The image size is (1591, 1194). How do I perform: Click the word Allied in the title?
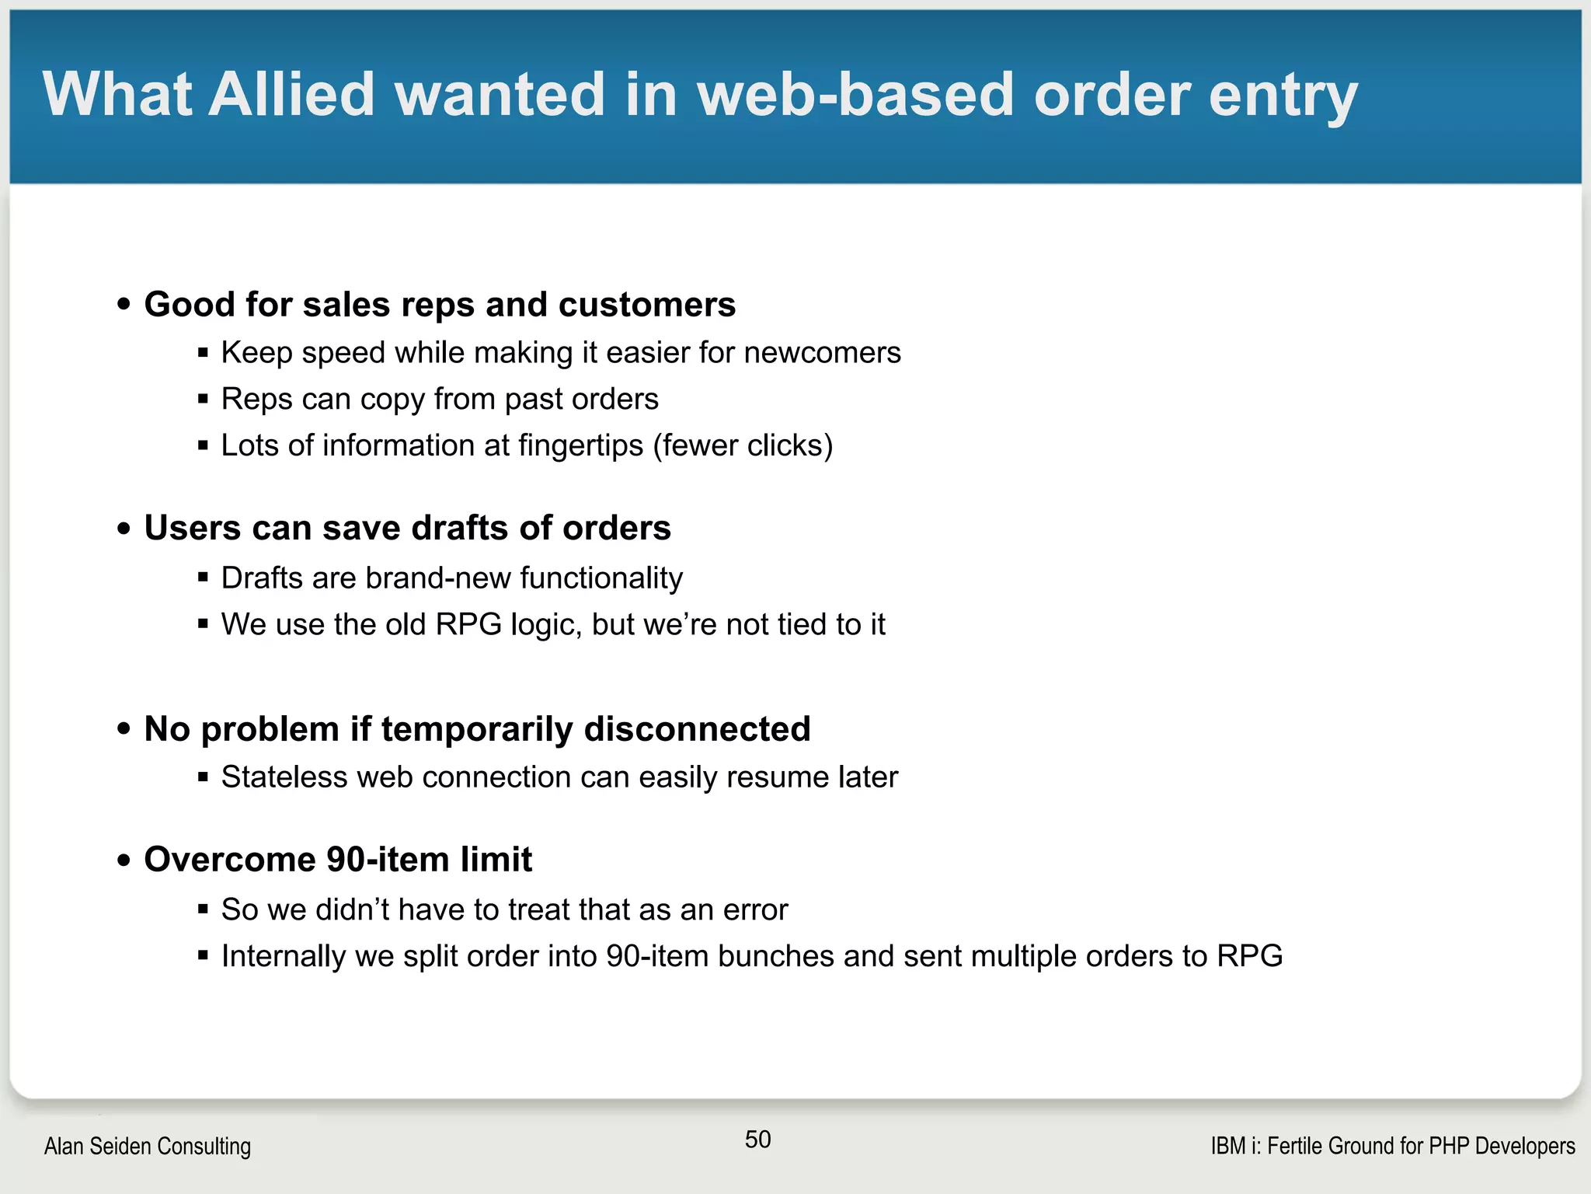coord(291,94)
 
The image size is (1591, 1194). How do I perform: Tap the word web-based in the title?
coord(855,94)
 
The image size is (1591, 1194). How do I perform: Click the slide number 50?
coord(757,1140)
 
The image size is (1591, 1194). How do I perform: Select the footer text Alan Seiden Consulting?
coord(148,1147)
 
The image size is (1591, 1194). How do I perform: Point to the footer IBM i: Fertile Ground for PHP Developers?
coord(1392,1147)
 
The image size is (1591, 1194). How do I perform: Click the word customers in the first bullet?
coord(646,305)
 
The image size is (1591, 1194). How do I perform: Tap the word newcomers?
coord(822,353)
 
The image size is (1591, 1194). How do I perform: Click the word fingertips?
coord(580,446)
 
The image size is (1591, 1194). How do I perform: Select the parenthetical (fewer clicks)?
coord(743,446)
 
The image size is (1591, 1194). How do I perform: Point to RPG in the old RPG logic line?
coord(468,625)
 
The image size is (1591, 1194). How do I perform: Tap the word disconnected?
coord(697,730)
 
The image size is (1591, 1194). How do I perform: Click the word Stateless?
coord(284,778)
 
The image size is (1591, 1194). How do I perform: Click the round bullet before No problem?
coord(124,729)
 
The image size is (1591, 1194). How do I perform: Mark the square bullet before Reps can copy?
coord(203,400)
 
